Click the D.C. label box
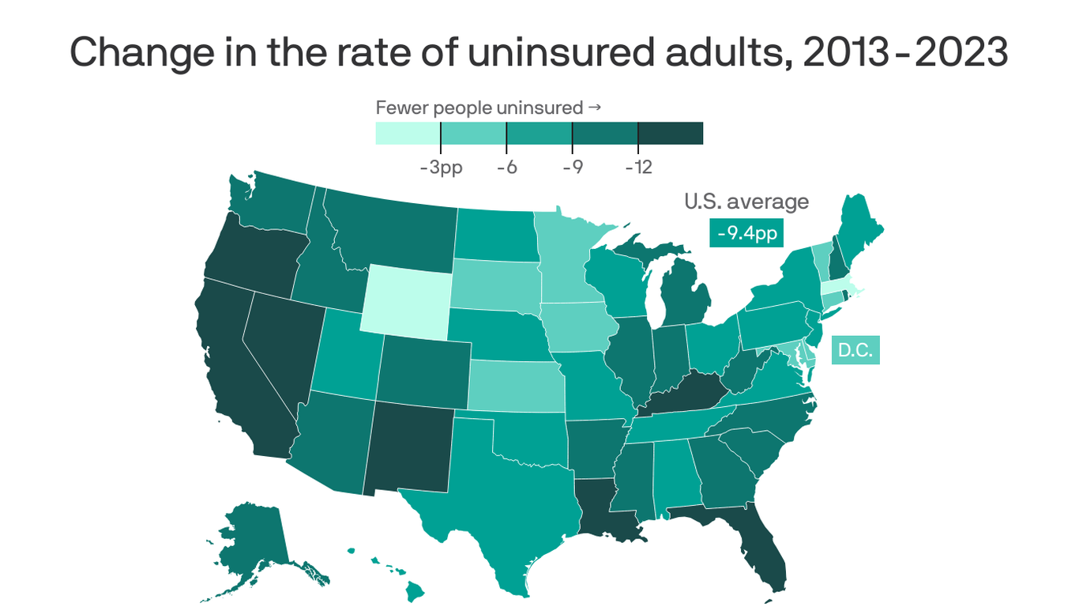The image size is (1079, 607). [x=855, y=350]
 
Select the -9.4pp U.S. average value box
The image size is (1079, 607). [x=746, y=233]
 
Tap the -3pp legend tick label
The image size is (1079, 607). [x=441, y=168]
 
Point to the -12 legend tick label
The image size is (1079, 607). [x=638, y=168]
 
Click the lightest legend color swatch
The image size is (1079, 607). [x=408, y=134]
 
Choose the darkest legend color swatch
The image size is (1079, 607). [x=670, y=134]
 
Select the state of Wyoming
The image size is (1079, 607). [x=408, y=298]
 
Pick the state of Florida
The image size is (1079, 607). [x=758, y=545]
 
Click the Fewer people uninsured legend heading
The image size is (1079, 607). [x=488, y=107]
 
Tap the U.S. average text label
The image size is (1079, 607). [x=746, y=202]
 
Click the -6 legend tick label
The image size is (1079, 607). [x=506, y=168]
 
